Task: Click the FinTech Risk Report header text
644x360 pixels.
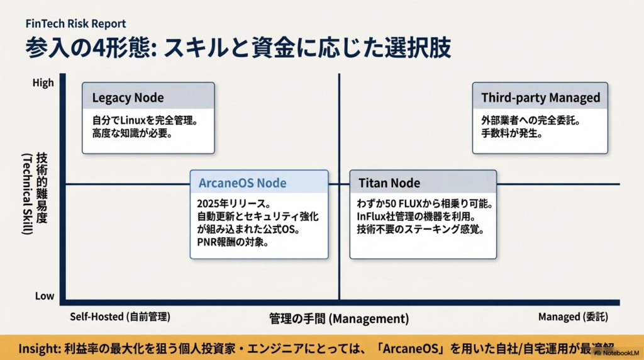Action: pyautogui.click(x=76, y=24)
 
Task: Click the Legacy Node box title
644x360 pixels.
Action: pyautogui.click(x=128, y=98)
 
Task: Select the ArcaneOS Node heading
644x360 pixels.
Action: pyautogui.click(x=242, y=183)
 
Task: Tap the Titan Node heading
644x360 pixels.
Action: pyautogui.click(x=389, y=183)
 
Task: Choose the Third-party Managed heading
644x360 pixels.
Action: pyautogui.click(x=540, y=98)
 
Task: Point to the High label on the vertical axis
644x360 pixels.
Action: pyautogui.click(x=43, y=82)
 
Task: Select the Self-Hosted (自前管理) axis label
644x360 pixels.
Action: pyautogui.click(x=121, y=317)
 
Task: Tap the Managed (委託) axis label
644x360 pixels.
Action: pyautogui.click(x=573, y=317)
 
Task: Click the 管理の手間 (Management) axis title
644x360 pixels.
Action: pyautogui.click(x=338, y=318)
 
